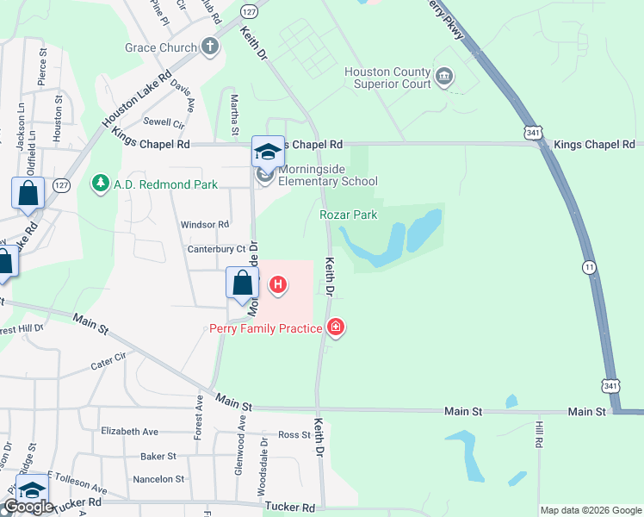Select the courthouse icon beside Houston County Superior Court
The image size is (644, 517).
click(444, 78)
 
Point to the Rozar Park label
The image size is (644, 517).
click(349, 215)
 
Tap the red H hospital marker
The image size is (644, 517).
click(278, 283)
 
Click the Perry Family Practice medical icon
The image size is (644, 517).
click(336, 327)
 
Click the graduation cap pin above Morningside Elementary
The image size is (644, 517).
click(267, 152)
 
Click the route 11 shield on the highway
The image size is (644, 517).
click(588, 268)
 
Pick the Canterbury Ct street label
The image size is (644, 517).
click(216, 249)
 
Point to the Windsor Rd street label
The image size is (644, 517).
click(204, 224)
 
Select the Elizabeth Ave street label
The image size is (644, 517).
click(129, 431)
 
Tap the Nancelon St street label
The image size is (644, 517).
click(158, 478)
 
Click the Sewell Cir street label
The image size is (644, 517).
click(164, 122)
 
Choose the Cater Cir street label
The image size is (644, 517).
click(108, 361)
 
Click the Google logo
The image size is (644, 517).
click(28, 508)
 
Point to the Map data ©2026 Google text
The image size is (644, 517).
click(591, 510)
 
